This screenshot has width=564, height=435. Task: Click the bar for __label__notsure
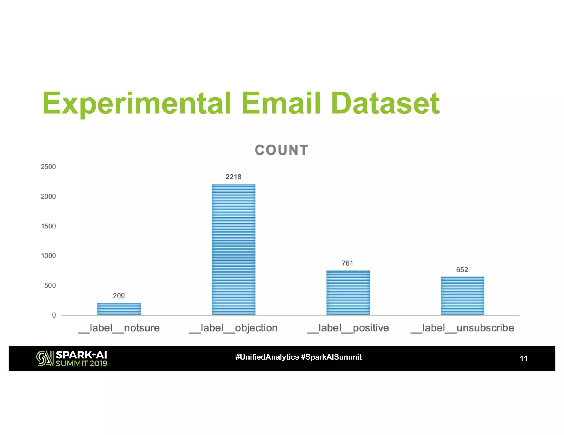[x=119, y=309]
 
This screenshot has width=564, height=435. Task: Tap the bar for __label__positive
[x=348, y=293]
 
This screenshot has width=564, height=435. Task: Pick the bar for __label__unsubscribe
[x=462, y=296]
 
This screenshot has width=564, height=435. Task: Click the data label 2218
[x=233, y=177]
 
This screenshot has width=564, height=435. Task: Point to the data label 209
[x=119, y=296]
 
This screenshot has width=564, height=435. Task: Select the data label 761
[x=347, y=263]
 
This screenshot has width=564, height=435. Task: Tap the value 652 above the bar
[x=462, y=270]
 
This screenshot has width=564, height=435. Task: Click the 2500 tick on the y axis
[x=48, y=167]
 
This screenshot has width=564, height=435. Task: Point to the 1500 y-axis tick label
[x=48, y=226]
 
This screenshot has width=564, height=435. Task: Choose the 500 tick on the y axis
[x=50, y=285]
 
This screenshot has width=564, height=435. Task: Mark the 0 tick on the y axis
[x=54, y=315]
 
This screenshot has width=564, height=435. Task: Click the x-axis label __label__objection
[x=233, y=328]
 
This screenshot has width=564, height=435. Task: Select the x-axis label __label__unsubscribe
[x=462, y=328]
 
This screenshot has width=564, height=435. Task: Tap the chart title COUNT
[x=281, y=150]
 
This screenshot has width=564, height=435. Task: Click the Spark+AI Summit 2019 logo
[x=72, y=358]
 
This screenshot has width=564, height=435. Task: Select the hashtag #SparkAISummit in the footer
[x=331, y=357]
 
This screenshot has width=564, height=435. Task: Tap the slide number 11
[x=523, y=358]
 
